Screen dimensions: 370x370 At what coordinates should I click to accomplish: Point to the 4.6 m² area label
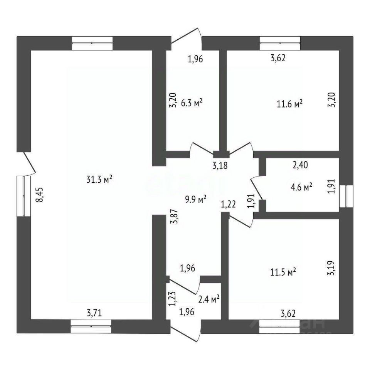[301, 187]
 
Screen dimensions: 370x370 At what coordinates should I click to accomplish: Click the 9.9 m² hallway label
[196, 199]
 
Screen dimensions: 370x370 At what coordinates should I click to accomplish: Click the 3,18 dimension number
[220, 166]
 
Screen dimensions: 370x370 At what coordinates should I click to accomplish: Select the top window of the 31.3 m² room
[92, 43]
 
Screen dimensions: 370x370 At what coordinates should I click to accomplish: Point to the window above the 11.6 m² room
[280, 43]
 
